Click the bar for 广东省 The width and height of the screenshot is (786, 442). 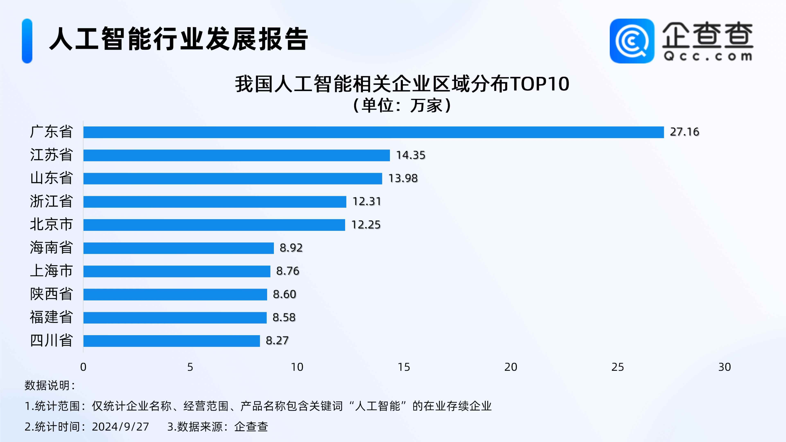click(373, 132)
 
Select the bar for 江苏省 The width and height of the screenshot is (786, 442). click(236, 155)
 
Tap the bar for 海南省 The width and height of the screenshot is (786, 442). click(178, 248)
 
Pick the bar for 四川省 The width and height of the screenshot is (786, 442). click(171, 341)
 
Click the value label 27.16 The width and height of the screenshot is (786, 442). click(684, 132)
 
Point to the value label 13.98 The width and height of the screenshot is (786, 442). click(403, 178)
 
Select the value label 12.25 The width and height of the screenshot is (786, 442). click(366, 225)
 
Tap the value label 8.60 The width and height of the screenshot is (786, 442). click(285, 294)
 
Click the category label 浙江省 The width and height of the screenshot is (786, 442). click(51, 201)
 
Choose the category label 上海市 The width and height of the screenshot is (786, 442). click(51, 271)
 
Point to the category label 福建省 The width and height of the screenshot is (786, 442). click(51, 317)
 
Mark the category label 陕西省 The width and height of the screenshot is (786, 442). click(51, 294)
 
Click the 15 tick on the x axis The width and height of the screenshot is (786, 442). click(404, 367)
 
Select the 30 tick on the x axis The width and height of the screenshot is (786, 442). click(725, 367)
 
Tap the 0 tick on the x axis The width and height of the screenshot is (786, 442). click(83, 367)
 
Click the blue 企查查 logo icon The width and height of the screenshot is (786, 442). click(632, 41)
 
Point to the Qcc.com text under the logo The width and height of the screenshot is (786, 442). click(708, 56)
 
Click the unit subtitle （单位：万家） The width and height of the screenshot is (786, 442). click(402, 106)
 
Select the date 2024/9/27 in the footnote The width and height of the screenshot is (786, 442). click(120, 427)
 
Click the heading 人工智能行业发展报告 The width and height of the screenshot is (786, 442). click(178, 39)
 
